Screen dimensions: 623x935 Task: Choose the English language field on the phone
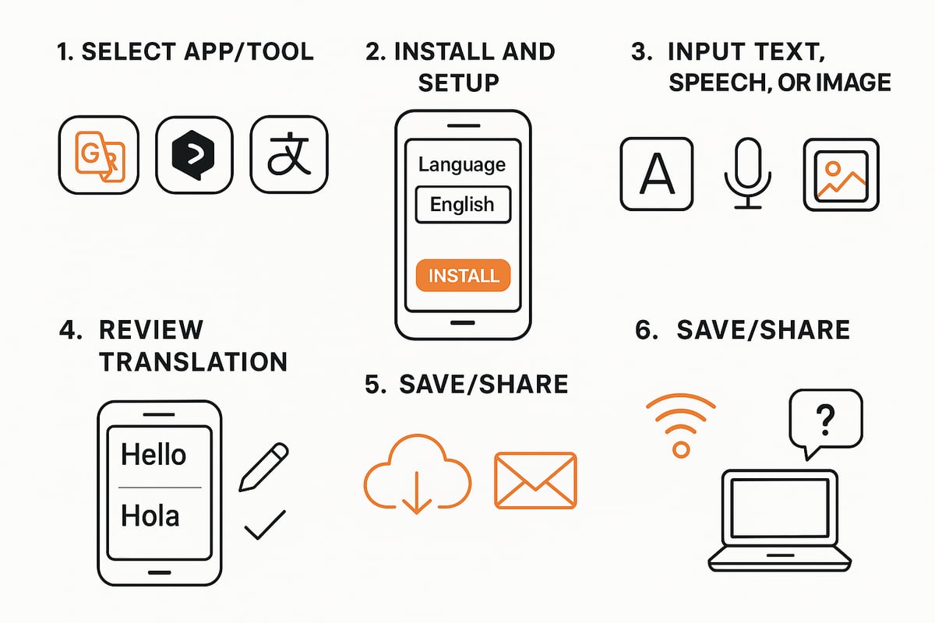[462, 205]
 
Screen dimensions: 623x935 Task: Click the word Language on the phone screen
[462, 164]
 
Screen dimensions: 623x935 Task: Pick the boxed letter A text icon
[656, 174]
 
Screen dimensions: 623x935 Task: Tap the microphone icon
[749, 173]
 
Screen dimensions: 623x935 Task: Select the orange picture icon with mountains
[841, 174]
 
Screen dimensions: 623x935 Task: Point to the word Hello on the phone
[153, 454]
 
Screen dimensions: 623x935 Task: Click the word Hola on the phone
[150, 516]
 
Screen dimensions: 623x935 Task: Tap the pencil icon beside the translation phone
[263, 467]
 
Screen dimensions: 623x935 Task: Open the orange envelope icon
[535, 480]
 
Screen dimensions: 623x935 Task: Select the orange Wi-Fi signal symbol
[681, 424]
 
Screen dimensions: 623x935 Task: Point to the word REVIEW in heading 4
[150, 329]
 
